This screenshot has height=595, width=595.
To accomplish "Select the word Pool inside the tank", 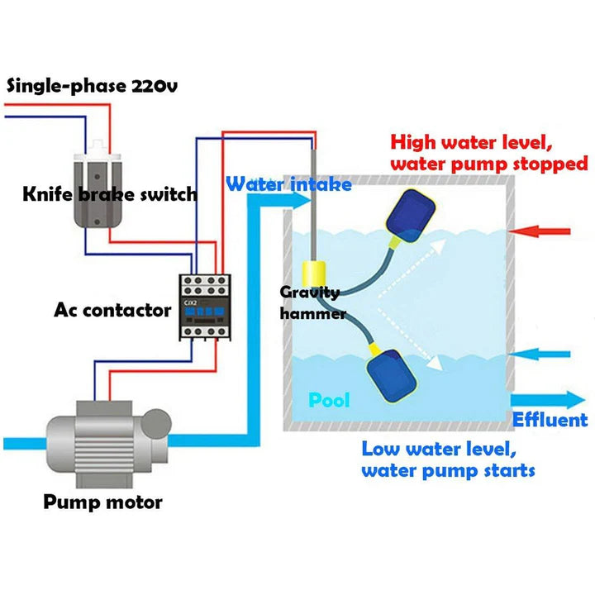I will tap(329, 401).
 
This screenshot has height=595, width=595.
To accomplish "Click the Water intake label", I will tap(289, 183).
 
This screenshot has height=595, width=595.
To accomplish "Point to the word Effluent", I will tap(550, 420).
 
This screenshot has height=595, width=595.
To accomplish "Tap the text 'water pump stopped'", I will tap(489, 163).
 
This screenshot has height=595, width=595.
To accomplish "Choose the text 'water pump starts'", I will tap(448, 471).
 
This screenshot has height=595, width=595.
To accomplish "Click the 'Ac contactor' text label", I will tap(113, 311).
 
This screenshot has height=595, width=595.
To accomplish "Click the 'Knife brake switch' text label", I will tap(110, 195).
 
